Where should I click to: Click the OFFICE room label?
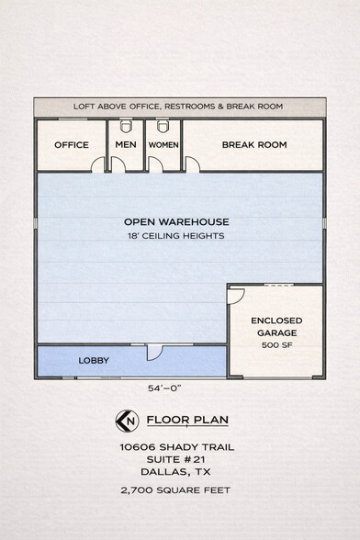coord(72,145)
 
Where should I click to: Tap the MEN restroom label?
coord(126,145)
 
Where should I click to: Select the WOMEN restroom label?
coord(163,145)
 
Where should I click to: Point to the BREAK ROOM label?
coord(254,145)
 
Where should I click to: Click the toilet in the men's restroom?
coord(126,126)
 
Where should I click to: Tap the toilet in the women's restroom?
coord(163,126)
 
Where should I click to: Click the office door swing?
coord(98,164)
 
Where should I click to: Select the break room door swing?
coord(192,164)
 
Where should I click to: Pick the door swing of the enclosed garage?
coord(236,296)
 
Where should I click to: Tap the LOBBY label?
coord(94,361)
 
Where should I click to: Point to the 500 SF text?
coord(276,345)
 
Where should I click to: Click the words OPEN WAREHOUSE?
coord(176,222)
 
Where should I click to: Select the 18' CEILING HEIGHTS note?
coord(176,236)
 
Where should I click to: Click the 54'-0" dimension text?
coord(164,388)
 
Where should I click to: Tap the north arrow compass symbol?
coord(127,421)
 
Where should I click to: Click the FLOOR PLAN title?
coord(187,421)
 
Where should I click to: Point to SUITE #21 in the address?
coord(175,459)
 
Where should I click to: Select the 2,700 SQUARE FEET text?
coord(175,490)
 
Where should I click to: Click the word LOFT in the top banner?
coord(84,107)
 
